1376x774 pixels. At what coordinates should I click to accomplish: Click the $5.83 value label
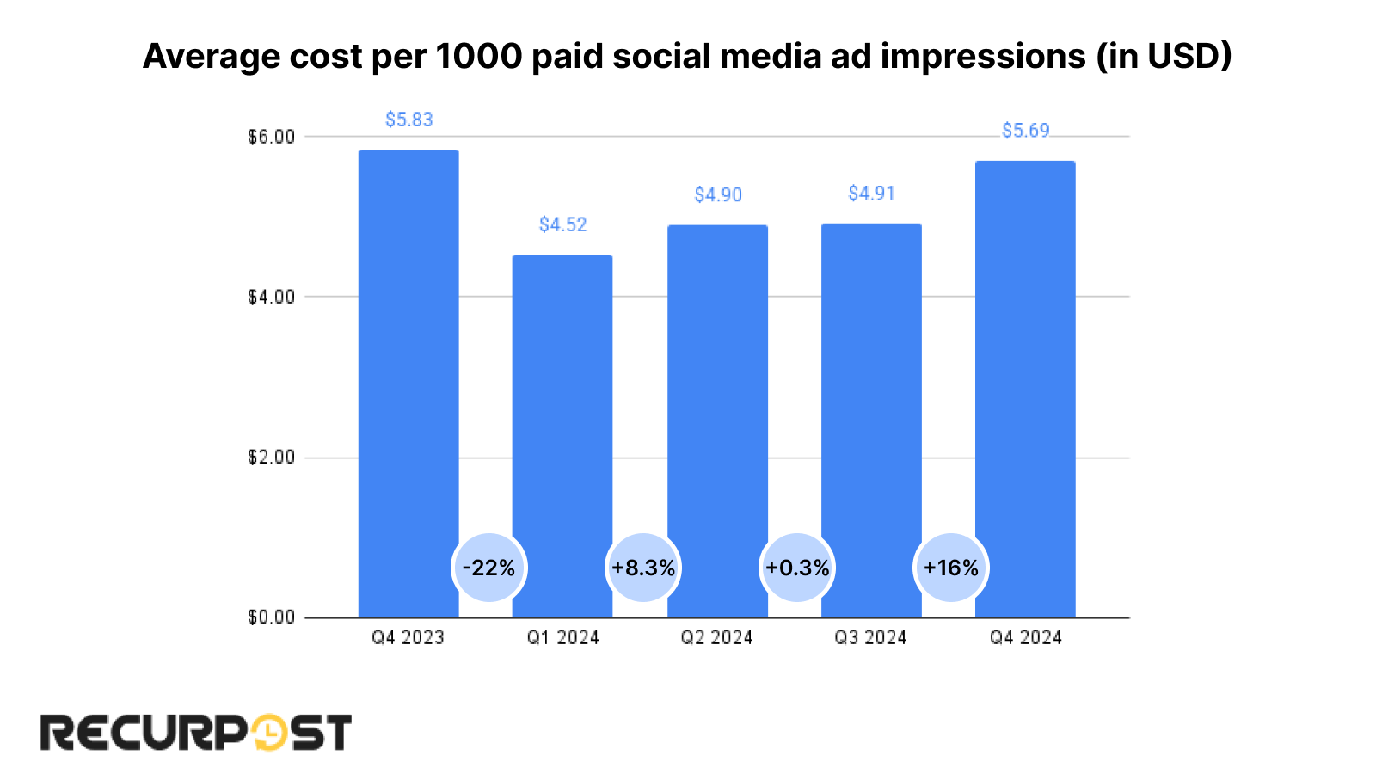pos(408,120)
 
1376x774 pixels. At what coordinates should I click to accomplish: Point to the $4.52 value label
pos(562,224)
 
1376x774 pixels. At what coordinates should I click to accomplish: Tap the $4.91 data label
pos(871,193)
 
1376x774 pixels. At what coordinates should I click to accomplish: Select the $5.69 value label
pos(1025,131)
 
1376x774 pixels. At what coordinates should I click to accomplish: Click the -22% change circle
pos(488,568)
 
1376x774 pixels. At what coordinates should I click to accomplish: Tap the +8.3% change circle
pos(643,568)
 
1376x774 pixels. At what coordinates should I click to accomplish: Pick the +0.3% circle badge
pos(797,568)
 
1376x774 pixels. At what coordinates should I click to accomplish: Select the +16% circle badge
pos(951,568)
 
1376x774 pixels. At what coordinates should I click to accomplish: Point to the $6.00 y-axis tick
pos(271,137)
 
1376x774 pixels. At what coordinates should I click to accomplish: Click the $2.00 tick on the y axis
pos(271,458)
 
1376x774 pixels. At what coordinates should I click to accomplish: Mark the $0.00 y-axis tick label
pos(271,617)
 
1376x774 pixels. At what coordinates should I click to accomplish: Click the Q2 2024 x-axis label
pos(716,637)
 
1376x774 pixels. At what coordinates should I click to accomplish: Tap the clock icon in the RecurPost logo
pos(269,733)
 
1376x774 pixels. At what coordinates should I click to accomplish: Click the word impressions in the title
pos(983,57)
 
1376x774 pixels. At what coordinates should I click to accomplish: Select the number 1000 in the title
pos(479,57)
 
